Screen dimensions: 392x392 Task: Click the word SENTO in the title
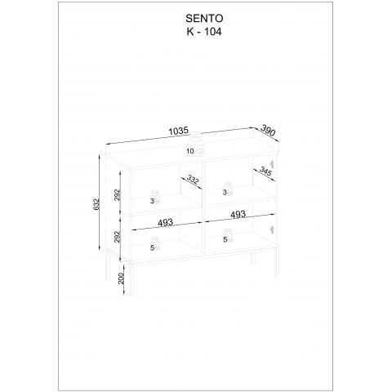point(204,19)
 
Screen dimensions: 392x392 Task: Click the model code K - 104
point(204,32)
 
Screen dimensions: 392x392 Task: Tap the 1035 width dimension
point(179,131)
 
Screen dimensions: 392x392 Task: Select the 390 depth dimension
point(268,130)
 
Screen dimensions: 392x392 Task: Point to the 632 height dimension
point(96,204)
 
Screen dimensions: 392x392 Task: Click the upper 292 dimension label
point(117,195)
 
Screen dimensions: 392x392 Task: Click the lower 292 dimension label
point(117,237)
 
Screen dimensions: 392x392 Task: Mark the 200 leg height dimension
point(121,278)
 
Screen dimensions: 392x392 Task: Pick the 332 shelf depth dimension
point(193,180)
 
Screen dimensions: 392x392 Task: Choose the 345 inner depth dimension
point(265,171)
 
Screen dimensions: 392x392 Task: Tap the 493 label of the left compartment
point(165,222)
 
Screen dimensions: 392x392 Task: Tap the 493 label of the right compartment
point(238,215)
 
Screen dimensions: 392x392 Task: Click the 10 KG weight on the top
point(196,145)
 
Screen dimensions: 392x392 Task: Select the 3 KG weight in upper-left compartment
point(155,197)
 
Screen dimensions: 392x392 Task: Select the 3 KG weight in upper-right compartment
point(228,189)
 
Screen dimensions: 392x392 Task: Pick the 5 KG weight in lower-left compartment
point(155,244)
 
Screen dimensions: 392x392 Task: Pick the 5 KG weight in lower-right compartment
point(228,236)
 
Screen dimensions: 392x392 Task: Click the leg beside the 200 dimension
point(131,279)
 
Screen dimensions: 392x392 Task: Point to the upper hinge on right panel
point(272,164)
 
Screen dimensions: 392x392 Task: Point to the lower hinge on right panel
point(272,230)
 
